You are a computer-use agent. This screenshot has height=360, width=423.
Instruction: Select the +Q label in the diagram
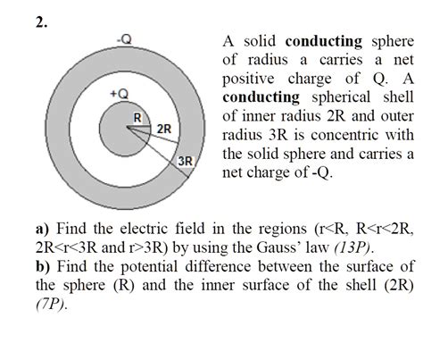[118, 93]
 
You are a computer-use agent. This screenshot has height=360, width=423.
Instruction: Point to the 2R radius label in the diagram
[164, 130]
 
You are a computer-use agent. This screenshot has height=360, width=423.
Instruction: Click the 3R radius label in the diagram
[186, 161]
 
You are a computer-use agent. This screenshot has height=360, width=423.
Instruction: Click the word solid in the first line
[257, 42]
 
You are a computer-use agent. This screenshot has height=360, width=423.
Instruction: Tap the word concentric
[339, 135]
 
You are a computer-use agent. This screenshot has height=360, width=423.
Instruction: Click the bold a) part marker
[43, 228]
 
